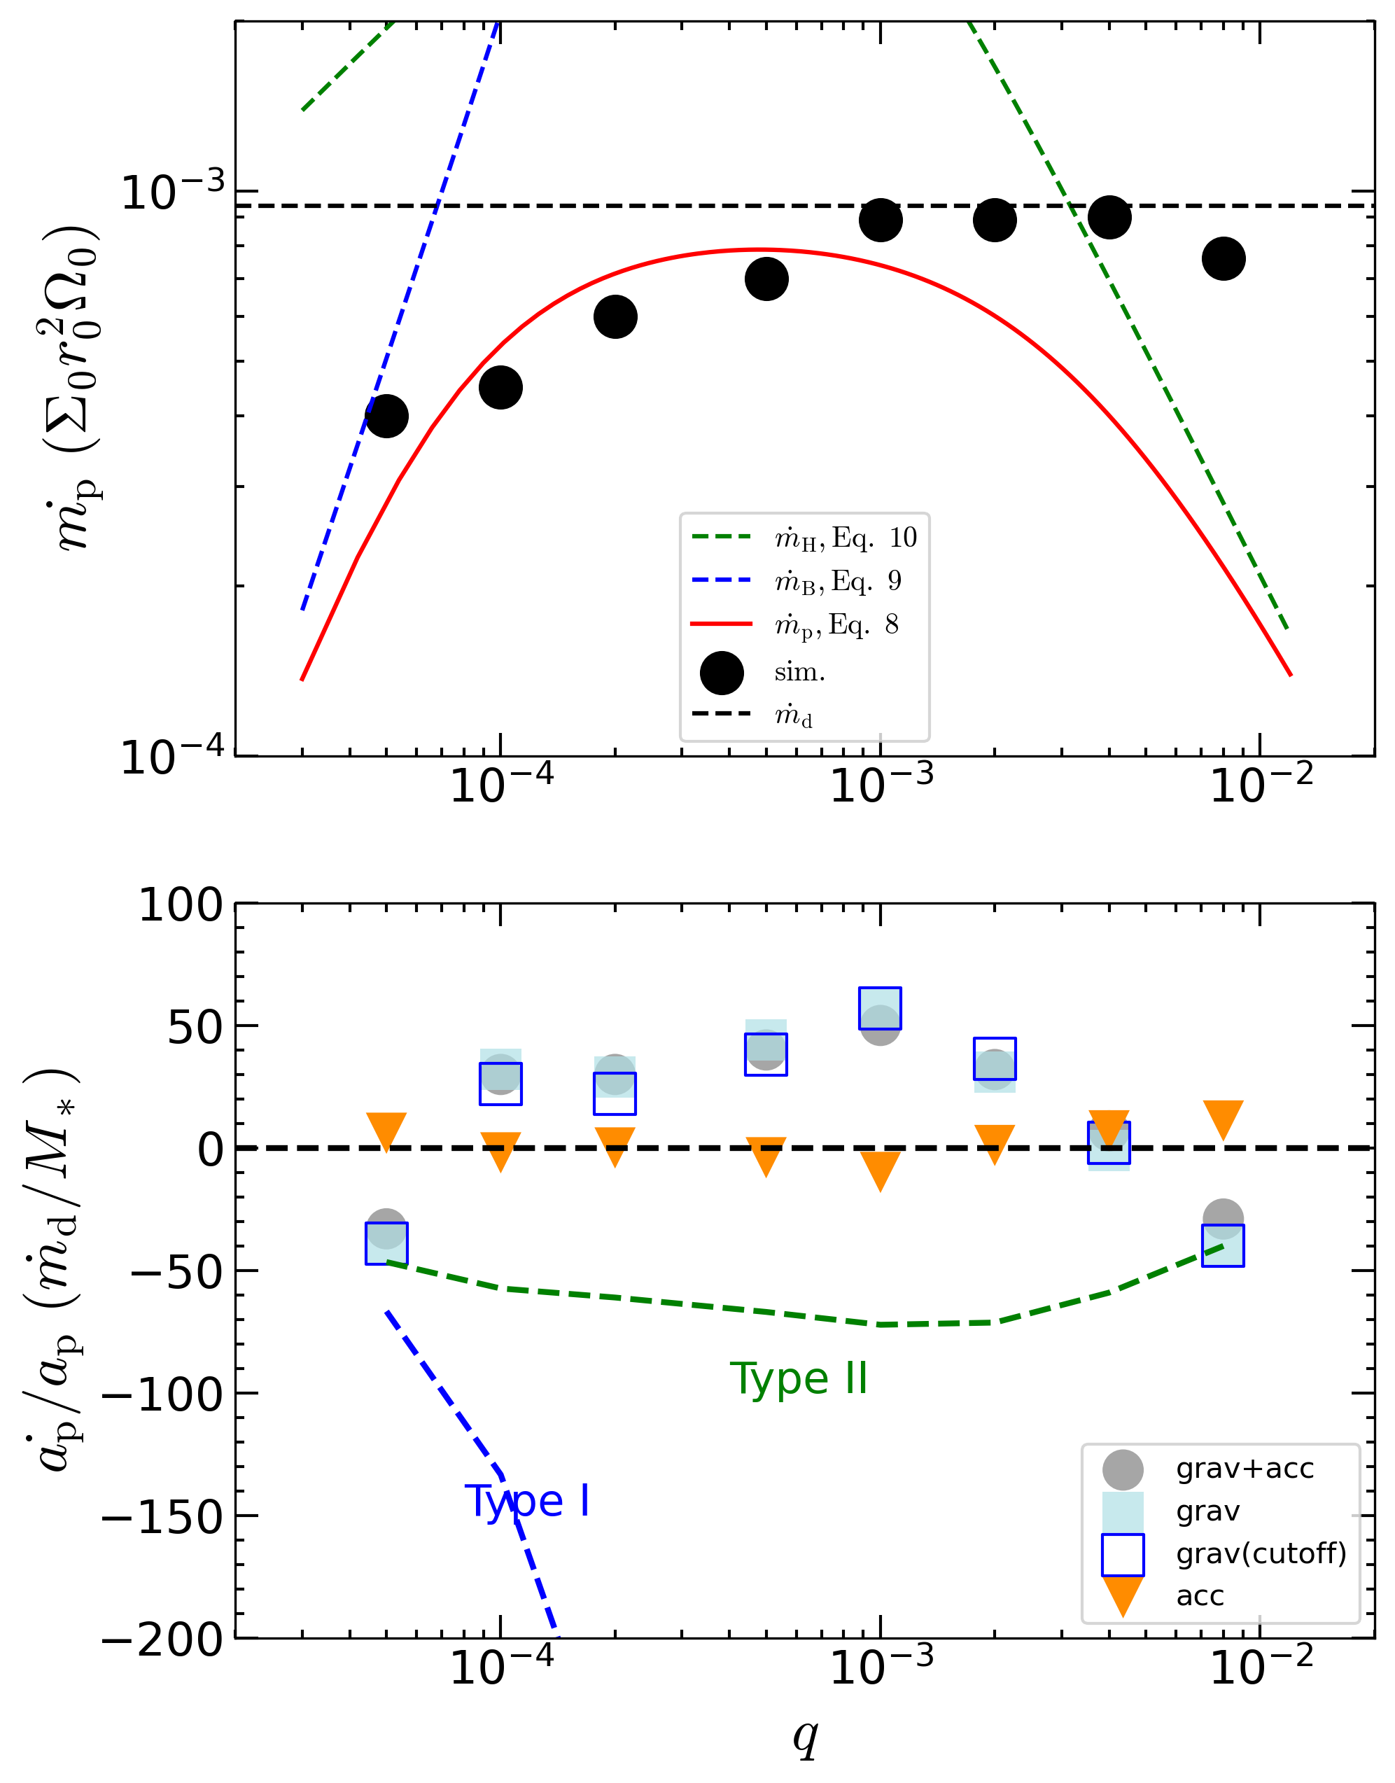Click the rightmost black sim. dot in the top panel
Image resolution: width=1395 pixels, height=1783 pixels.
1223,259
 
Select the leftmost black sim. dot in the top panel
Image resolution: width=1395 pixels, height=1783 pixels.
386,416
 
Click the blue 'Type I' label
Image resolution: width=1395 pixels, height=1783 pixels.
527,1501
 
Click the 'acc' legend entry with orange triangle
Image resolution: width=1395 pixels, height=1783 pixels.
1200,1596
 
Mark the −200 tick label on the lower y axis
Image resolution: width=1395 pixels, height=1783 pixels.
162,1639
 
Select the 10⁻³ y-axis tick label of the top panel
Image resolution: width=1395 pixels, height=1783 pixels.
172,191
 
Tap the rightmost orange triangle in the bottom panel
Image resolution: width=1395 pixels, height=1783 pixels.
1223,1118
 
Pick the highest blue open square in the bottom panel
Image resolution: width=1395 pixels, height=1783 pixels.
880,1008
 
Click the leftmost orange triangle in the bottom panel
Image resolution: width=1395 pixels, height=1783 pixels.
386,1131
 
